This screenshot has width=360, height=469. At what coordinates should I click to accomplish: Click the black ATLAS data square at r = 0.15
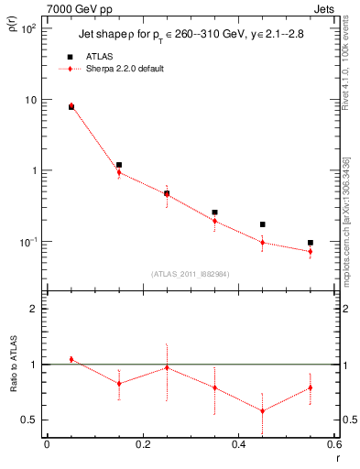click(x=119, y=165)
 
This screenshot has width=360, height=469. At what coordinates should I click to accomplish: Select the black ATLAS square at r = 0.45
click(x=263, y=224)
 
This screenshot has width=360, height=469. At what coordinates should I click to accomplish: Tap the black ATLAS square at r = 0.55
click(x=311, y=243)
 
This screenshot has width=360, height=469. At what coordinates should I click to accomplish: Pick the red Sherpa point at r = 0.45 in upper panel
click(x=263, y=242)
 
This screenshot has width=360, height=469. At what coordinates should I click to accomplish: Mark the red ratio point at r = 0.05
click(x=71, y=359)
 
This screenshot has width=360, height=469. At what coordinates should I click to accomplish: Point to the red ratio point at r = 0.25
click(x=167, y=367)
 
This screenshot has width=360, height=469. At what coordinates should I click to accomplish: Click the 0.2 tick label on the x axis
click(x=142, y=445)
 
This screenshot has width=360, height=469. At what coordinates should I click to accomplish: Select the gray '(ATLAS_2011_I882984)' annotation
click(x=190, y=274)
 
